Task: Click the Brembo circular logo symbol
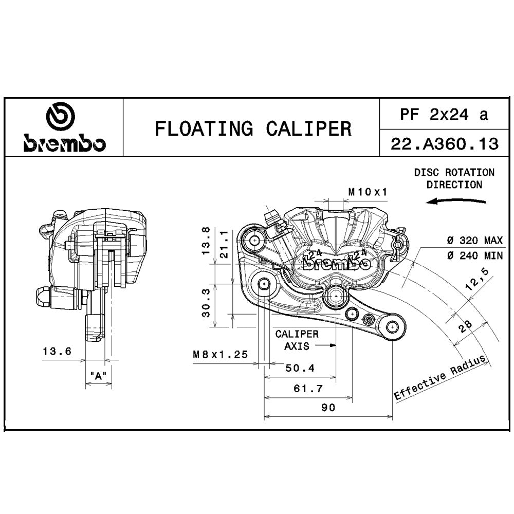[60, 117]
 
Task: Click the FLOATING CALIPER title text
[253, 128]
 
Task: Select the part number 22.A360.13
[445, 144]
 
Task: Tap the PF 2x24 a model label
[444, 115]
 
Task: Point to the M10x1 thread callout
[368, 192]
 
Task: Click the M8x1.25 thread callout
[220, 354]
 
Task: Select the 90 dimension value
[328, 408]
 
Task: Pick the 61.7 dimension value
[308, 389]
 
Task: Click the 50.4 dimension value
[300, 369]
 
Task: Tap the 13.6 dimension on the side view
[57, 352]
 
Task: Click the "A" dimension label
[98, 376]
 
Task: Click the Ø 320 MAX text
[474, 241]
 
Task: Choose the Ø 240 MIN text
[474, 255]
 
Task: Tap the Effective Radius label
[439, 378]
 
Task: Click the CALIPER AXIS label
[297, 340]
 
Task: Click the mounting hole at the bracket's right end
[392, 326]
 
